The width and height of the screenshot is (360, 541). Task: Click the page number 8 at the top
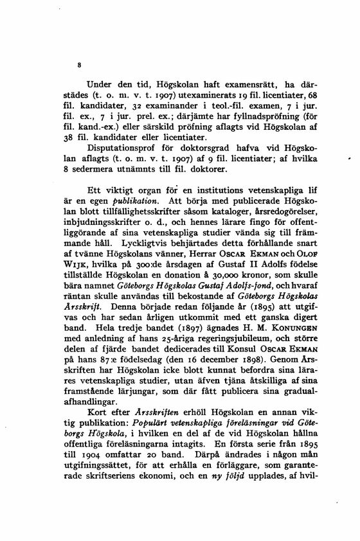(78, 65)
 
